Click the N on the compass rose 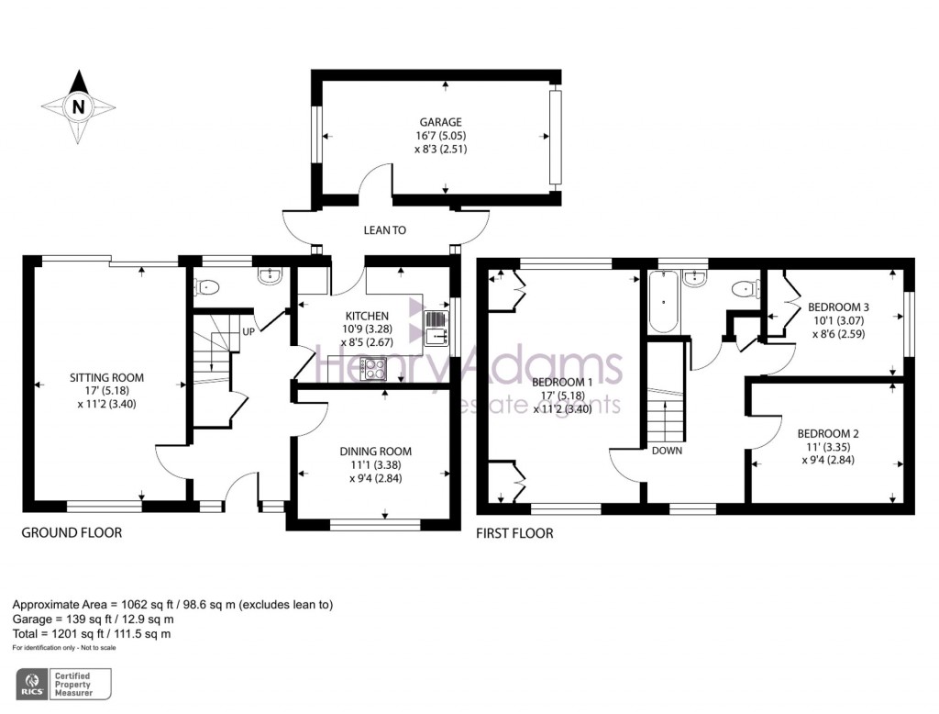(x=78, y=107)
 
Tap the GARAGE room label (x=440, y=122)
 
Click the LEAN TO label (x=384, y=230)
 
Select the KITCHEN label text (x=367, y=316)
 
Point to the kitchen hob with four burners (x=373, y=368)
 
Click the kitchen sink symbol (x=436, y=329)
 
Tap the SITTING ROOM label (x=106, y=378)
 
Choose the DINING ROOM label (x=375, y=452)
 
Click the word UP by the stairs (x=249, y=331)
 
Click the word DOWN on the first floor (x=667, y=451)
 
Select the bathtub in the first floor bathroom (x=662, y=302)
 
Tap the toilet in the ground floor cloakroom (x=206, y=287)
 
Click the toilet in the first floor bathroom (x=746, y=289)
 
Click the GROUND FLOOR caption (x=72, y=532)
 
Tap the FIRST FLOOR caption (x=514, y=533)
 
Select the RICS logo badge (x=63, y=684)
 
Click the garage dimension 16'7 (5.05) (x=440, y=136)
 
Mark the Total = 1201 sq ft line (x=92, y=633)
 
